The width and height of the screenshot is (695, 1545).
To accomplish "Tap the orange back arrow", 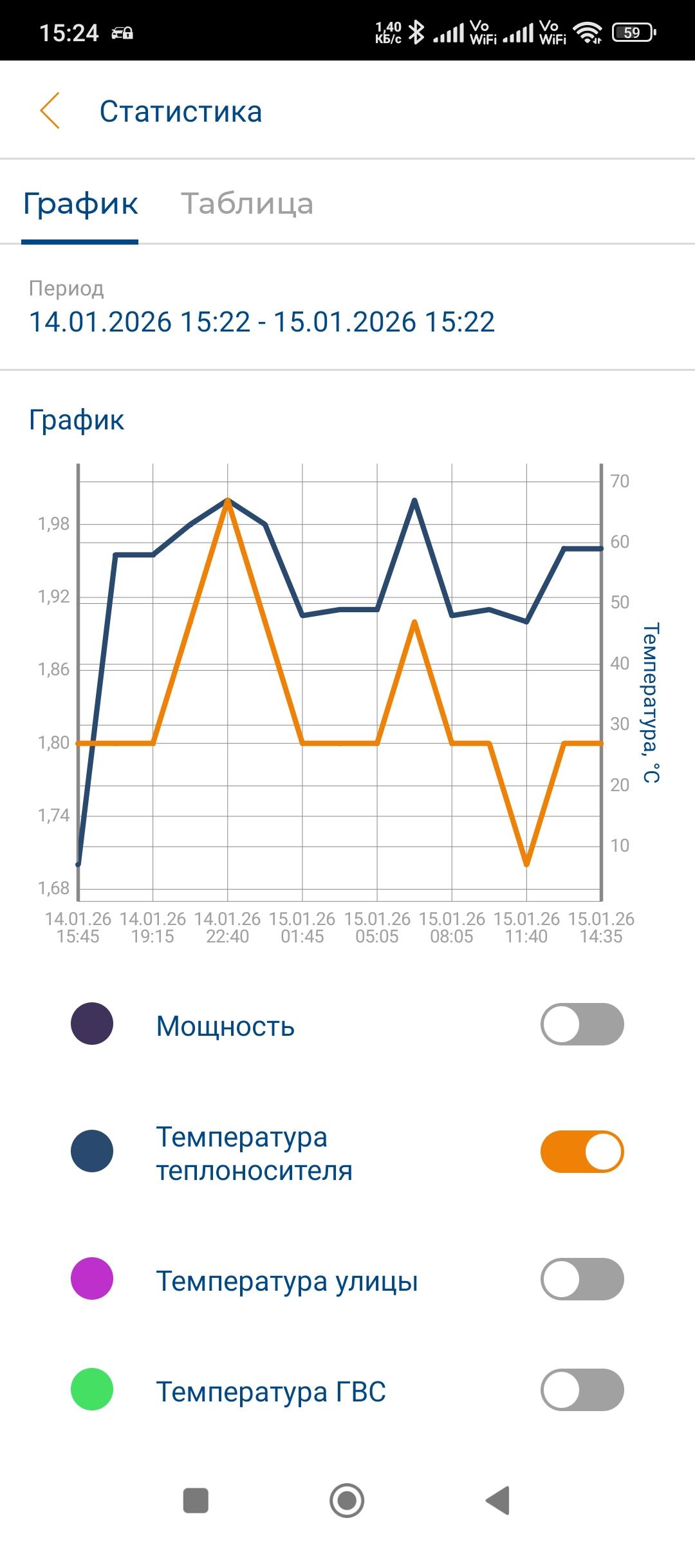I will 50,111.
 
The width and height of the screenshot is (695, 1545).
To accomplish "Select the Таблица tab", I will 247,203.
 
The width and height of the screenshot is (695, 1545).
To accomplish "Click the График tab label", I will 80,203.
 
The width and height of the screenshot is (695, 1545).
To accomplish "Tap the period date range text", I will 262,322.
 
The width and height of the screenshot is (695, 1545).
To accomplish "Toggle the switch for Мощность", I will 582,1024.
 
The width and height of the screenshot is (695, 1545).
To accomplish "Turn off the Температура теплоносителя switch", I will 582,1151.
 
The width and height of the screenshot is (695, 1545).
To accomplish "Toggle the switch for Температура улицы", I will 582,1278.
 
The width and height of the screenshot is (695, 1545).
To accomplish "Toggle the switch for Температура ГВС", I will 582,1389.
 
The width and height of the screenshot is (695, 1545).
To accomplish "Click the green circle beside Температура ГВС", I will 92,1389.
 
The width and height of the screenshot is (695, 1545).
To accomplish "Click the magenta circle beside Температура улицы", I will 92,1278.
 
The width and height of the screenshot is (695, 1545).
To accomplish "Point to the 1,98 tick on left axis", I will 54,524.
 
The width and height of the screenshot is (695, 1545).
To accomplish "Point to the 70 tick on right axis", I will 620,481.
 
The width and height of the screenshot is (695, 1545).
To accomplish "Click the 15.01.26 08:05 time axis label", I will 452,927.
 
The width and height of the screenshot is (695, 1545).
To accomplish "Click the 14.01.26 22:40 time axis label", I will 227,927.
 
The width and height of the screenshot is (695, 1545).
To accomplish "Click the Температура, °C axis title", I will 651,702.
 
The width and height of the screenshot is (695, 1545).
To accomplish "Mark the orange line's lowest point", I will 527,864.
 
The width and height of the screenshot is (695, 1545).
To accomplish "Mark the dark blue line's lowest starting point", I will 79,864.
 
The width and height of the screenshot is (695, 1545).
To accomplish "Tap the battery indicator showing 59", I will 634,32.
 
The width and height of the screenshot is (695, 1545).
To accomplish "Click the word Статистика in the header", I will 181,111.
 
